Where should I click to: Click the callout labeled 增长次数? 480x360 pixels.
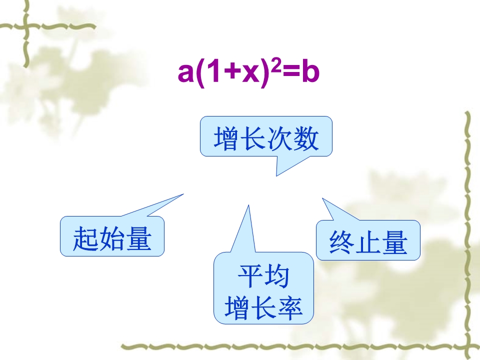(x=266, y=136)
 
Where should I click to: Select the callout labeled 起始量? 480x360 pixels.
(x=112, y=236)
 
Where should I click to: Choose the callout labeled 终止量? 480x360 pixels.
(x=368, y=240)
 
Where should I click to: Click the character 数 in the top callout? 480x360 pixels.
(x=306, y=138)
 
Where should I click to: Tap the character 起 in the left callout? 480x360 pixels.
(x=85, y=239)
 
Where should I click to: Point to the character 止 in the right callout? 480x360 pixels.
(x=368, y=242)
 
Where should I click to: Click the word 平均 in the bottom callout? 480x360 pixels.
(x=263, y=276)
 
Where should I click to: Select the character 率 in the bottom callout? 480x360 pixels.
(x=289, y=308)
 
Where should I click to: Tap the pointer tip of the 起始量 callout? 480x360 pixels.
(x=183, y=194)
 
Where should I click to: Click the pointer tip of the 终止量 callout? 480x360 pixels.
(x=322, y=198)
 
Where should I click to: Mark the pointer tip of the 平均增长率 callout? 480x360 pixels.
(x=248, y=205)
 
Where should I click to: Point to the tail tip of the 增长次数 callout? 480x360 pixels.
(x=276, y=176)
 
